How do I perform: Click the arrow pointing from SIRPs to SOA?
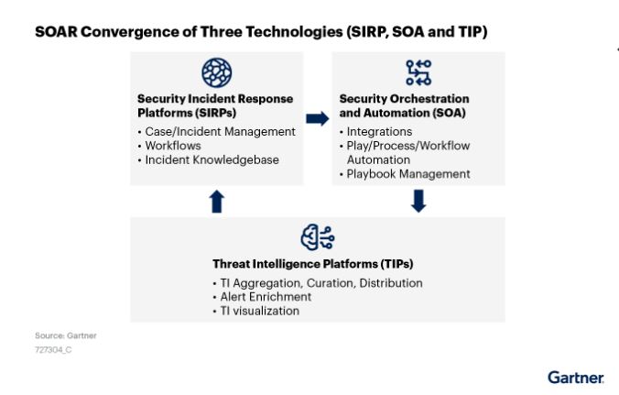(x=317, y=118)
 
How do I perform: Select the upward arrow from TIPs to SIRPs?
(x=216, y=202)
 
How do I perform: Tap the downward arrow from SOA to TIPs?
(x=418, y=201)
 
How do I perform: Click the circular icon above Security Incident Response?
(x=216, y=71)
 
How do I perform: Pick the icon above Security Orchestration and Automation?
(x=418, y=71)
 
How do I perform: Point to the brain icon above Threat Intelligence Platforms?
(x=317, y=237)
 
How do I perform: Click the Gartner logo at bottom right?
(x=575, y=377)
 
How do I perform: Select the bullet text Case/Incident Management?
(x=220, y=132)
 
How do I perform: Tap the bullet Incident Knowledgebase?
(x=211, y=159)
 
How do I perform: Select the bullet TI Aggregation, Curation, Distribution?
(x=320, y=283)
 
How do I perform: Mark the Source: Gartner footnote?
(x=65, y=335)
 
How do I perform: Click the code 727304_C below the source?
(x=53, y=349)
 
